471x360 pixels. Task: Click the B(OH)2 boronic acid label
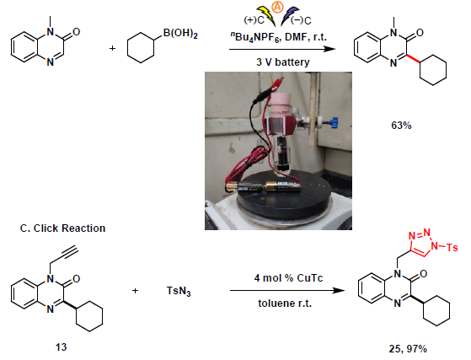tap(180, 33)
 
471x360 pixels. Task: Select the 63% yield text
tap(401, 126)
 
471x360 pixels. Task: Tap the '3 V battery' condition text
tap(282, 62)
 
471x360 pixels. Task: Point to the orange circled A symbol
tap(277, 7)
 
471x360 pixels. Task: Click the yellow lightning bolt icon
tap(266, 16)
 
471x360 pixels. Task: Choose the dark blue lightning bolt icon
tap(289, 17)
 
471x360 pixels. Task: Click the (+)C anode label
tap(254, 20)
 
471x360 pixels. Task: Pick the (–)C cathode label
tap(302, 20)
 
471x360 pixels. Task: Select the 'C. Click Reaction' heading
tap(63, 228)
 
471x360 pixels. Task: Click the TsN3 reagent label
tap(179, 291)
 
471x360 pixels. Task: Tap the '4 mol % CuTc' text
tap(288, 278)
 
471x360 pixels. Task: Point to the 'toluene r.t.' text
tap(285, 304)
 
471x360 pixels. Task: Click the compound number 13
tap(61, 347)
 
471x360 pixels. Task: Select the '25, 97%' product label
tap(408, 348)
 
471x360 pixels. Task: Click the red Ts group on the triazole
tap(452, 247)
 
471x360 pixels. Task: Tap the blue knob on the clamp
tap(334, 122)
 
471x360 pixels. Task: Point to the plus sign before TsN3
tap(135, 291)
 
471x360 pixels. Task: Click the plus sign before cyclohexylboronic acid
tap(112, 48)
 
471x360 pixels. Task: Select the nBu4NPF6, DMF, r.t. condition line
tap(278, 37)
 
